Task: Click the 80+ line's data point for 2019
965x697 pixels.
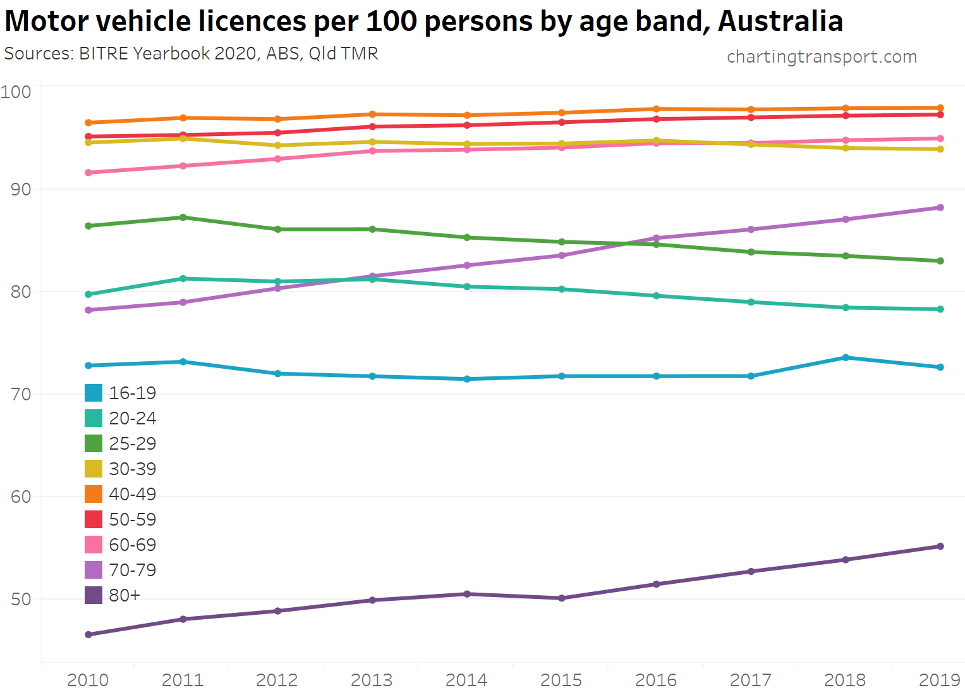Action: (x=940, y=546)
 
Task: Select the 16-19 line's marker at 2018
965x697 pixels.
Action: (x=846, y=358)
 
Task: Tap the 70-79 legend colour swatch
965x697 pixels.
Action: (x=94, y=570)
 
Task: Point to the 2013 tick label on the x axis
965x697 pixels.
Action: (x=372, y=680)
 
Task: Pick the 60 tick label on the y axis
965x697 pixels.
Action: (x=21, y=497)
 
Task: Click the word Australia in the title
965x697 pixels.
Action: (x=780, y=22)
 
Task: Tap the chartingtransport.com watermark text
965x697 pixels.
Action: (x=822, y=57)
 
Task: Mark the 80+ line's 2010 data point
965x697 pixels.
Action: (x=88, y=634)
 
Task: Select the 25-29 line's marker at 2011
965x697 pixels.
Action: (x=183, y=218)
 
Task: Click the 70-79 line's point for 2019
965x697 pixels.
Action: (x=940, y=207)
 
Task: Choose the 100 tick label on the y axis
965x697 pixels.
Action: (x=16, y=92)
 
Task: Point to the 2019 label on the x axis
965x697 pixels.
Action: (x=939, y=680)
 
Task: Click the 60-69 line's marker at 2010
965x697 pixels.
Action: (x=88, y=173)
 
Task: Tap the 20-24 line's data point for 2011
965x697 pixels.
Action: (x=183, y=278)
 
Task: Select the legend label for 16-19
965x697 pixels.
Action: (x=132, y=393)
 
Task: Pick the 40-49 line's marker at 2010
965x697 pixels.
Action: (x=88, y=123)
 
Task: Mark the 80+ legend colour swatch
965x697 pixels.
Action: (x=94, y=595)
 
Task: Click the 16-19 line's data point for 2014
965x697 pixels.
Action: (x=467, y=379)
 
